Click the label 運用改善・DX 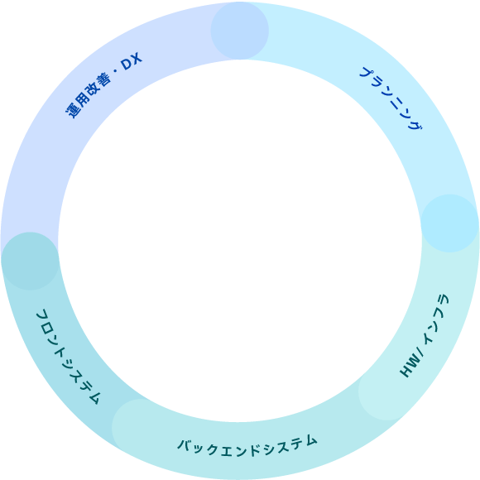coord(104,84)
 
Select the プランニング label coord(391,98)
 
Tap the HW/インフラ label coord(425,335)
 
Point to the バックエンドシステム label coord(247,446)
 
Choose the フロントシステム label coord(68,357)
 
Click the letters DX coord(132,61)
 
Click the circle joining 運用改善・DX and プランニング coord(240,31)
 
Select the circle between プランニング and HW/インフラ coord(449,223)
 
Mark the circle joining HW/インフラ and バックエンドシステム coord(387,391)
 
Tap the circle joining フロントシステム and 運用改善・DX coord(30,262)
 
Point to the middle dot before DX coord(115,72)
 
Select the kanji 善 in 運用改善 coord(103,81)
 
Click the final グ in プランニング coord(415,123)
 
